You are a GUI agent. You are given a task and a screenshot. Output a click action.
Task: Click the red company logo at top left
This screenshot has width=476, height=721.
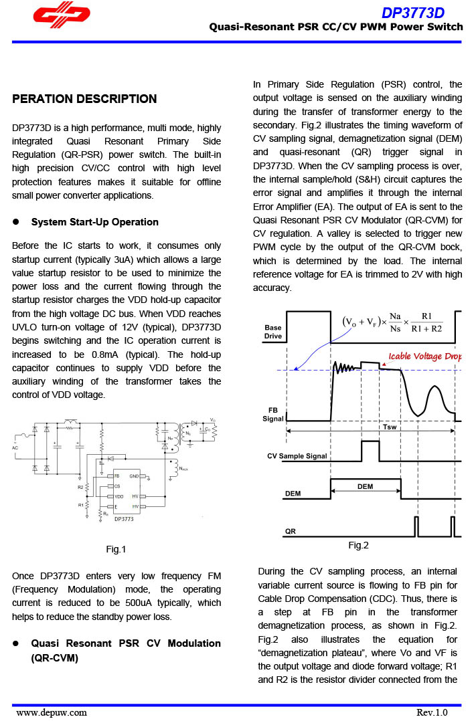coord(62,19)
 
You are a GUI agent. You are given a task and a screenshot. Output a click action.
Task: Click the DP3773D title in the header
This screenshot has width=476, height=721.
coord(412,13)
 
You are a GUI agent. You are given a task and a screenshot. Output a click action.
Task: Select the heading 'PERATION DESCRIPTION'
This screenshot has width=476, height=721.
coord(84,99)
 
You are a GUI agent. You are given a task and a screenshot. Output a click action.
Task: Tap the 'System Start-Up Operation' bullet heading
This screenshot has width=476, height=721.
coord(94,222)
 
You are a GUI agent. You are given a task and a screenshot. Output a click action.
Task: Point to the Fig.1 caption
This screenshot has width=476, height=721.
coord(116,549)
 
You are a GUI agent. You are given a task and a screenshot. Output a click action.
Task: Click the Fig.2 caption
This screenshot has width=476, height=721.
coord(358,545)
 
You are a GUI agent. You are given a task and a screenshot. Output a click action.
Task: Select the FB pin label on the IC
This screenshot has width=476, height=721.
coord(116,476)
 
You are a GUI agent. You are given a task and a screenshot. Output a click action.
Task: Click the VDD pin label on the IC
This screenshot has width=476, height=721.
coord(118,497)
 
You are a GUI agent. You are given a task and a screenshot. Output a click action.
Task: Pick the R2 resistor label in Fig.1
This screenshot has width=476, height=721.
coord(80,488)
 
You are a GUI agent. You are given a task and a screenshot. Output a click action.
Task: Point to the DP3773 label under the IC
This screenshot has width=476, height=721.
coord(124,518)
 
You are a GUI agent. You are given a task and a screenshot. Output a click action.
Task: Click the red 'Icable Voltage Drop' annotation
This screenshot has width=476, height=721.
coord(425,356)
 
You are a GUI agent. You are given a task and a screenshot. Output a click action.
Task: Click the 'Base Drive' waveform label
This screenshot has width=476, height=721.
coord(273,332)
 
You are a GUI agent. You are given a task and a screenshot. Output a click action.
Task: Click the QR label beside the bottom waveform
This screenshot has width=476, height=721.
coord(291,532)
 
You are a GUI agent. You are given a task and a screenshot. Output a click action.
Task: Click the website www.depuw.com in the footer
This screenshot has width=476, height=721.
coord(52,712)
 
